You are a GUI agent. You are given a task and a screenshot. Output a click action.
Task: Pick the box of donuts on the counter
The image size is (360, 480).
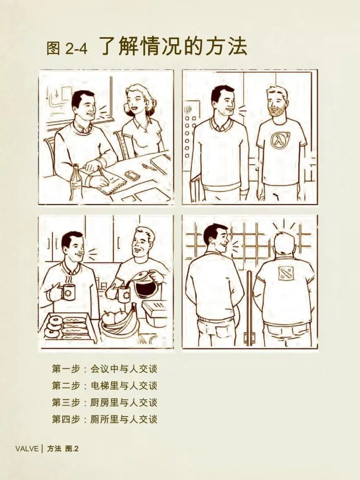[67, 328]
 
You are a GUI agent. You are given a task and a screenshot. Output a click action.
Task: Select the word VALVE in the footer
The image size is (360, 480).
[27, 449]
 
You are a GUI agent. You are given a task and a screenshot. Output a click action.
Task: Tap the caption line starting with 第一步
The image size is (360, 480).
[105, 369]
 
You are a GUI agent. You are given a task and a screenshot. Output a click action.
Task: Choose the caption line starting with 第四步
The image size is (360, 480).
[105, 419]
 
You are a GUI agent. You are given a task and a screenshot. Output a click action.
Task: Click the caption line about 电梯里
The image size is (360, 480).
[105, 386]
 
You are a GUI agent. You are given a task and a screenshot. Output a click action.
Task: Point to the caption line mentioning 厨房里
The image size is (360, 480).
[105, 402]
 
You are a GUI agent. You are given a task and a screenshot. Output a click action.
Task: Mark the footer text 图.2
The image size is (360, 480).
[72, 449]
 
